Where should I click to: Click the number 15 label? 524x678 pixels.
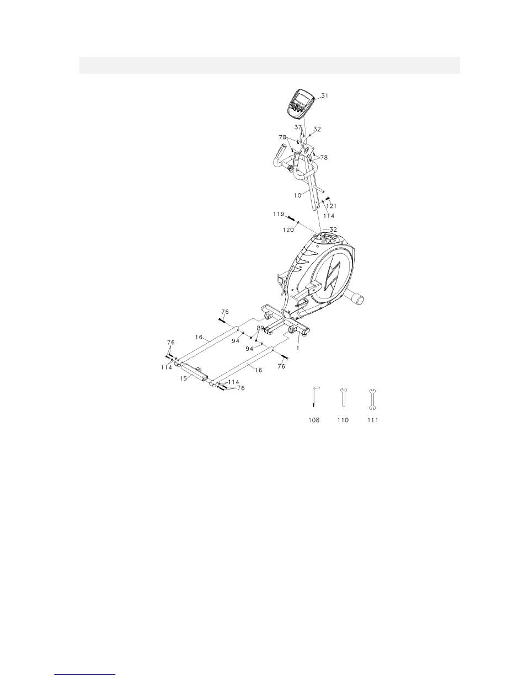coord(183,379)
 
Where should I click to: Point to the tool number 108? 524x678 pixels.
coord(314,420)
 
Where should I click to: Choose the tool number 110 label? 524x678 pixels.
coord(343,420)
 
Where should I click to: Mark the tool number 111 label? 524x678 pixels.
coord(372,420)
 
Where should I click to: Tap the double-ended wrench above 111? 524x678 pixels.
coord(372,398)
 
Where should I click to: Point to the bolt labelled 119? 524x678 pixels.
coord(293,217)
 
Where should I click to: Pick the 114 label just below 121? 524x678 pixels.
coord(328,215)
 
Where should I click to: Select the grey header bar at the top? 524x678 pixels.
coord(270,65)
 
